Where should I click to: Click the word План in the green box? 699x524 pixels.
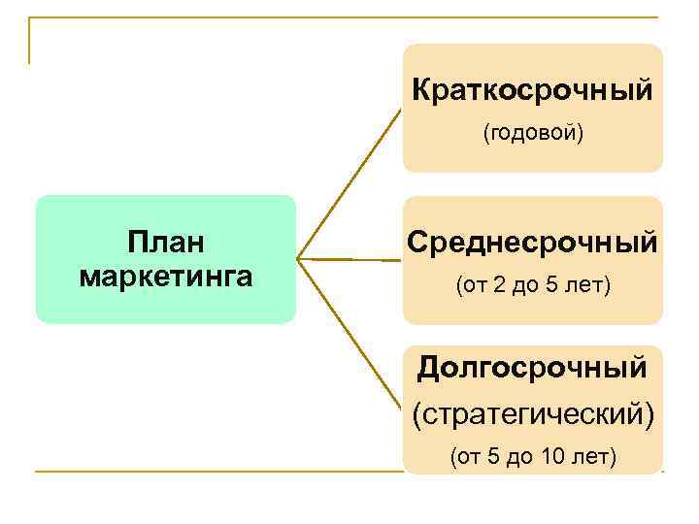click(166, 242)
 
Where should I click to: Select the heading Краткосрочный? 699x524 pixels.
click(532, 91)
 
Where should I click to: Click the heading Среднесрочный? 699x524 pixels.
click(532, 242)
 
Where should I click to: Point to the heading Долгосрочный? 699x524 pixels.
click(532, 368)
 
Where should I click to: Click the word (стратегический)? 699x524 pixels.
click(533, 413)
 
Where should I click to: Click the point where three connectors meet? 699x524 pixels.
click(298, 259)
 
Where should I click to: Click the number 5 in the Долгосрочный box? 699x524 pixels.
click(493, 456)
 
